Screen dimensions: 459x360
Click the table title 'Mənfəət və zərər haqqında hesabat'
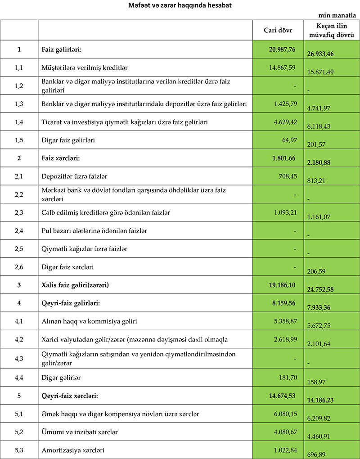pos(180,5)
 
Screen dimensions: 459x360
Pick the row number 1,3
pos(19,104)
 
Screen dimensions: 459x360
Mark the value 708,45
pos(286,176)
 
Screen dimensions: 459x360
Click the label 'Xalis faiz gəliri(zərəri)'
pos(75,285)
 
